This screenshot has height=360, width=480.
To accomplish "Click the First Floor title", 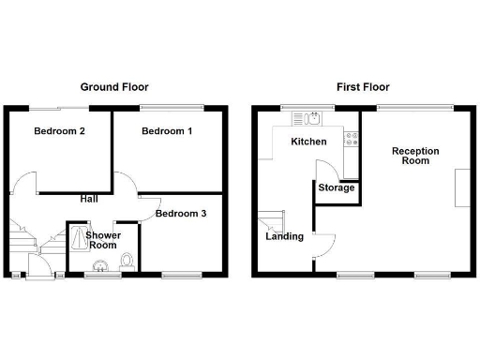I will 362,86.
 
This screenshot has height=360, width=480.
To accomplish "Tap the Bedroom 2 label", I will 60,131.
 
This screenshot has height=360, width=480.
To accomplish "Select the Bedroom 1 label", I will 167,131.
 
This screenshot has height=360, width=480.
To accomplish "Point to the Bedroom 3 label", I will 181,214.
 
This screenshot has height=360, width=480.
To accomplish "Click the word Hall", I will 89,199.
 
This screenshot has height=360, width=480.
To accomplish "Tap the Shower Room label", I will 101,240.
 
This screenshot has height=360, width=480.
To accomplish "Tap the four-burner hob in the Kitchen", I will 352,140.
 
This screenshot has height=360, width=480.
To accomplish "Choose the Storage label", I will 337,188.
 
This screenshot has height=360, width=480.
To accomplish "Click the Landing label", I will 284,236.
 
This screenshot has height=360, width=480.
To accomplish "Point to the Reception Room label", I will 411,156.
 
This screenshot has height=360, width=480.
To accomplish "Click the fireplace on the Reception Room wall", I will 461,187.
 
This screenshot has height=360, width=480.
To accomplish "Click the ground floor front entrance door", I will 40,275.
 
